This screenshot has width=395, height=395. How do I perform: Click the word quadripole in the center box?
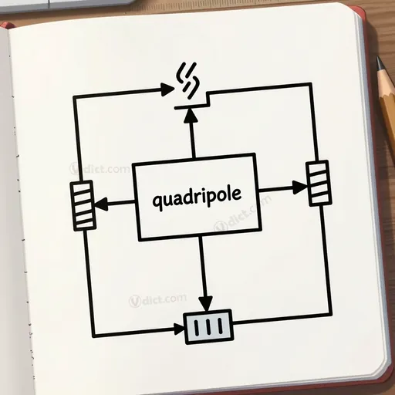point(197,197)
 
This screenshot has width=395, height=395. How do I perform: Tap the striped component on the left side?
point(83,205)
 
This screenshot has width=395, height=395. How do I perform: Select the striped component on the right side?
point(319,183)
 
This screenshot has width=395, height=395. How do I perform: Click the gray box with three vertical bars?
point(209,326)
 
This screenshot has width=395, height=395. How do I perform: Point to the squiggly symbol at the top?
point(188,80)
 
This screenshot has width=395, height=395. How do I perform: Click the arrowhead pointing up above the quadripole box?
point(191,115)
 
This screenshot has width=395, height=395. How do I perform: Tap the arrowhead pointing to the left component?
point(102,204)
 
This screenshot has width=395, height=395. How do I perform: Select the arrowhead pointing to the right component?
point(300,187)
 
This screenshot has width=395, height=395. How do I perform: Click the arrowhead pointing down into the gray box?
point(205,304)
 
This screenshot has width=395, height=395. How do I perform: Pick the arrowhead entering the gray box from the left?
point(179,329)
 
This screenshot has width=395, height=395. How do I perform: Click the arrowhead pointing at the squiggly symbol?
point(167,89)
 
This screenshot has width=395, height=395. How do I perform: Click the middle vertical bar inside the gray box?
point(208,326)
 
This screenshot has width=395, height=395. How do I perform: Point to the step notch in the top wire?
point(208,100)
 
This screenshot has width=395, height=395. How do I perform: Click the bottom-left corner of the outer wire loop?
point(94,336)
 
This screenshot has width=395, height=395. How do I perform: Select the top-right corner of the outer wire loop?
point(310,85)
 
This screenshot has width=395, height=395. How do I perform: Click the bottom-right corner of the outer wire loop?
point(330,314)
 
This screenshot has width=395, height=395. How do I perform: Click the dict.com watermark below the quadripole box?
point(157,300)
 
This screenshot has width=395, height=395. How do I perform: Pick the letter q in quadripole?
point(157,202)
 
